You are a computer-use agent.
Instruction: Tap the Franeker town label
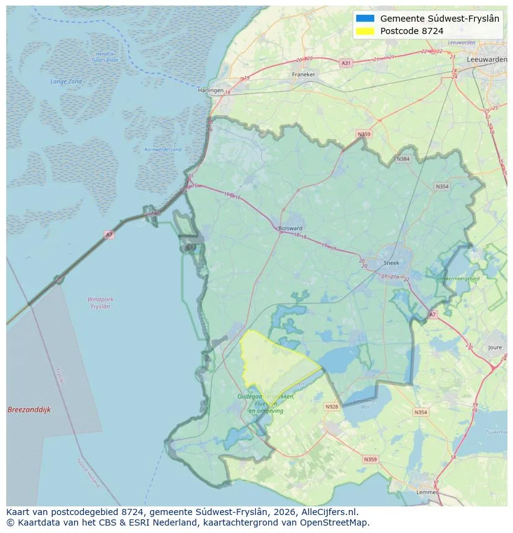[x=303, y=75]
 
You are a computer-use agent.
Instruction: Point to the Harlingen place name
[x=210, y=90]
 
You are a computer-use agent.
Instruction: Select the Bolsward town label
[x=291, y=228]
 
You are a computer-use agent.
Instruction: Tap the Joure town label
[x=494, y=348]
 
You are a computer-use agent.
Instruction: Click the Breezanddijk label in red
[x=29, y=410]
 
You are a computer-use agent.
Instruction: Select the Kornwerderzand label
[x=163, y=150]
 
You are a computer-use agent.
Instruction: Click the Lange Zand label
[x=66, y=82]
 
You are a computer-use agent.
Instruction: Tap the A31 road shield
[x=346, y=63]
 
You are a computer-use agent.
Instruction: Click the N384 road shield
[x=403, y=159]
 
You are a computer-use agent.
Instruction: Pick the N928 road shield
[x=331, y=407]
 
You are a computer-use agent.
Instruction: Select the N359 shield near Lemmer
[x=370, y=459]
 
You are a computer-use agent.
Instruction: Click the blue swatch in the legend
[x=366, y=19]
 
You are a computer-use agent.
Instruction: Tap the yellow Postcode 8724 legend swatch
[x=366, y=31]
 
